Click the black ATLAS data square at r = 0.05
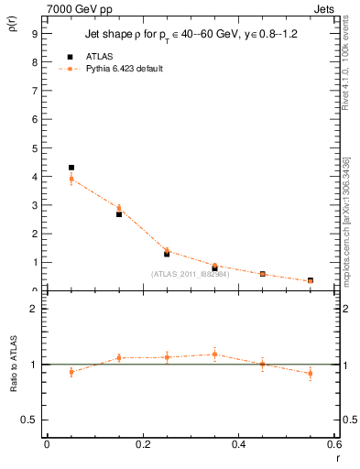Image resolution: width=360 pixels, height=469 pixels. (x=71, y=168)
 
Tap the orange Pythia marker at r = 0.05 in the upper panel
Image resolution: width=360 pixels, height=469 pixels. (x=71, y=179)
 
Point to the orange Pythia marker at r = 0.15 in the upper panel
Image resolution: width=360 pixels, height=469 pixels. (x=119, y=208)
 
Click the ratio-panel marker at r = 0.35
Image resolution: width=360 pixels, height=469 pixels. (x=214, y=354)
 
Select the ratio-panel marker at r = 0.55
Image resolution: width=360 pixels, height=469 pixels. (x=311, y=373)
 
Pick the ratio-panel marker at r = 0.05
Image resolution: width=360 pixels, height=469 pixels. (x=71, y=372)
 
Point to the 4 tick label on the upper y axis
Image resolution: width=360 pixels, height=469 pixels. (x=34, y=177)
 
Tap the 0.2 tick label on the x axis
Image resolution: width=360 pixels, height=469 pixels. (x=143, y=445)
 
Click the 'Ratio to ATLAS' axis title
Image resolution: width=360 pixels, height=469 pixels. (x=13, y=365)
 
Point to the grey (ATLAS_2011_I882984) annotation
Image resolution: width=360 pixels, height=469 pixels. (x=190, y=274)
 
